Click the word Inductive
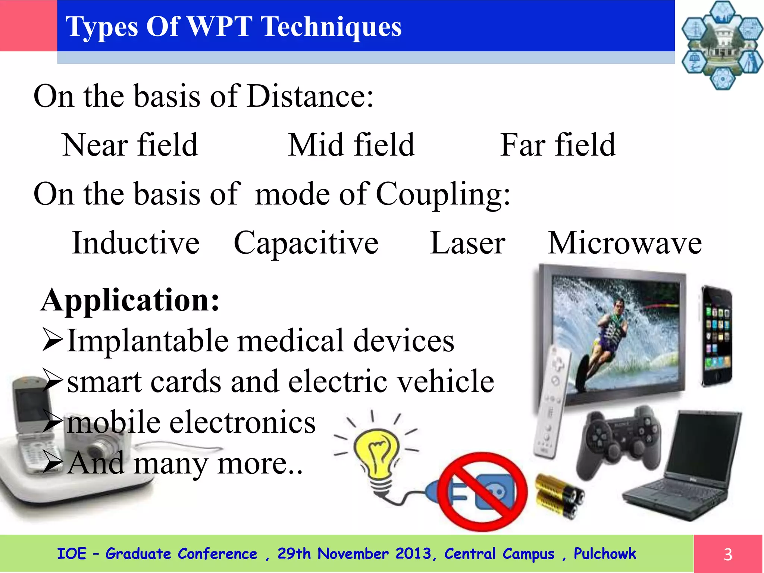[135, 243]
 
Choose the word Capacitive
[306, 244]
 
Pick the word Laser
[467, 243]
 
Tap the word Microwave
[624, 243]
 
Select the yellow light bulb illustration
[377, 455]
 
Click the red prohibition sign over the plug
[482, 492]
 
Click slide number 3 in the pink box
[727, 554]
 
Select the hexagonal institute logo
[722, 45]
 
